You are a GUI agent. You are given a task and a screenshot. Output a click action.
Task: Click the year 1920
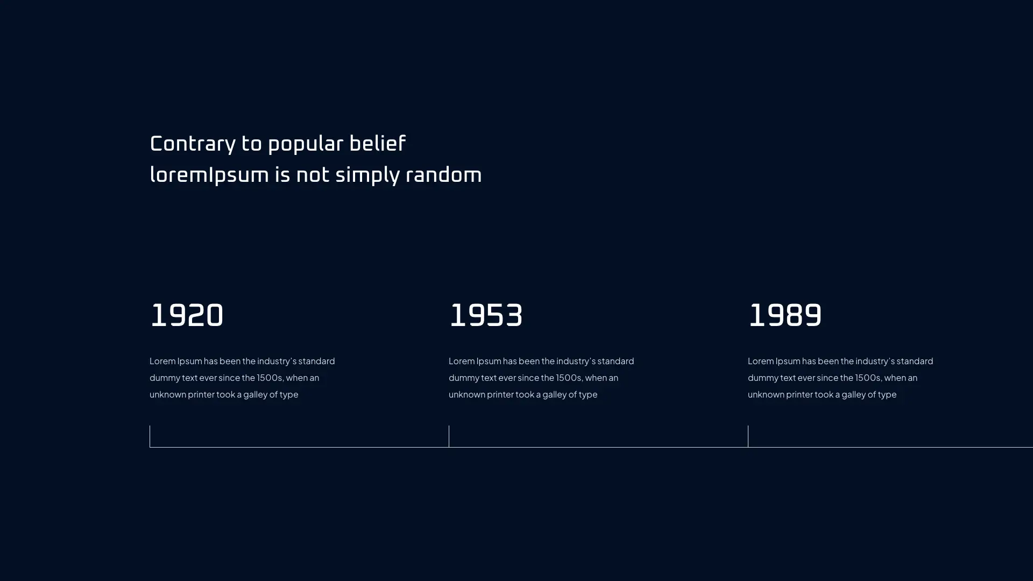coord(187,316)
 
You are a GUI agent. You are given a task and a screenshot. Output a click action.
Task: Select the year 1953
coord(486,316)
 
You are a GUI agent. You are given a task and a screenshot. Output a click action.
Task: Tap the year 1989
coord(785,316)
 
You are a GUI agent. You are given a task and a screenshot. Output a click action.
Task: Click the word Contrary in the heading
coord(193,144)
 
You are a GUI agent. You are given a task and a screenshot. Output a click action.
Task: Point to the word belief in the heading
coord(378,144)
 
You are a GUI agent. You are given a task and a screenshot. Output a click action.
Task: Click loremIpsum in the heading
coord(209,175)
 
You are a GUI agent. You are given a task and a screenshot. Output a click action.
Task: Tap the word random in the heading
coord(444,175)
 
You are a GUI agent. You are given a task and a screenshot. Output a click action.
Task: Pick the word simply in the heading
coord(367,176)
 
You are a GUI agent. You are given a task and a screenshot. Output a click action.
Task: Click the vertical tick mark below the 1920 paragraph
coord(150,436)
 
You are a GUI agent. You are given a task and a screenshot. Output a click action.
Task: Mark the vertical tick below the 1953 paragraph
coord(449,436)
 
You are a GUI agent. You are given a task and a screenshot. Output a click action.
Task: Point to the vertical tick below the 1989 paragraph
coord(748,436)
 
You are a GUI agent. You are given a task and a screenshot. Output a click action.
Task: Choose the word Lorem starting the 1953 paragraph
coord(461,361)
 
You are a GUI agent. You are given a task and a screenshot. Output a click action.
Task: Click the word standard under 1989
coord(915,361)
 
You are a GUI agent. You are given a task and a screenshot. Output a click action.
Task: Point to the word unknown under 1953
coord(466,394)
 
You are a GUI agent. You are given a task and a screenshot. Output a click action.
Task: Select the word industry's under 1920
coord(277,362)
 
